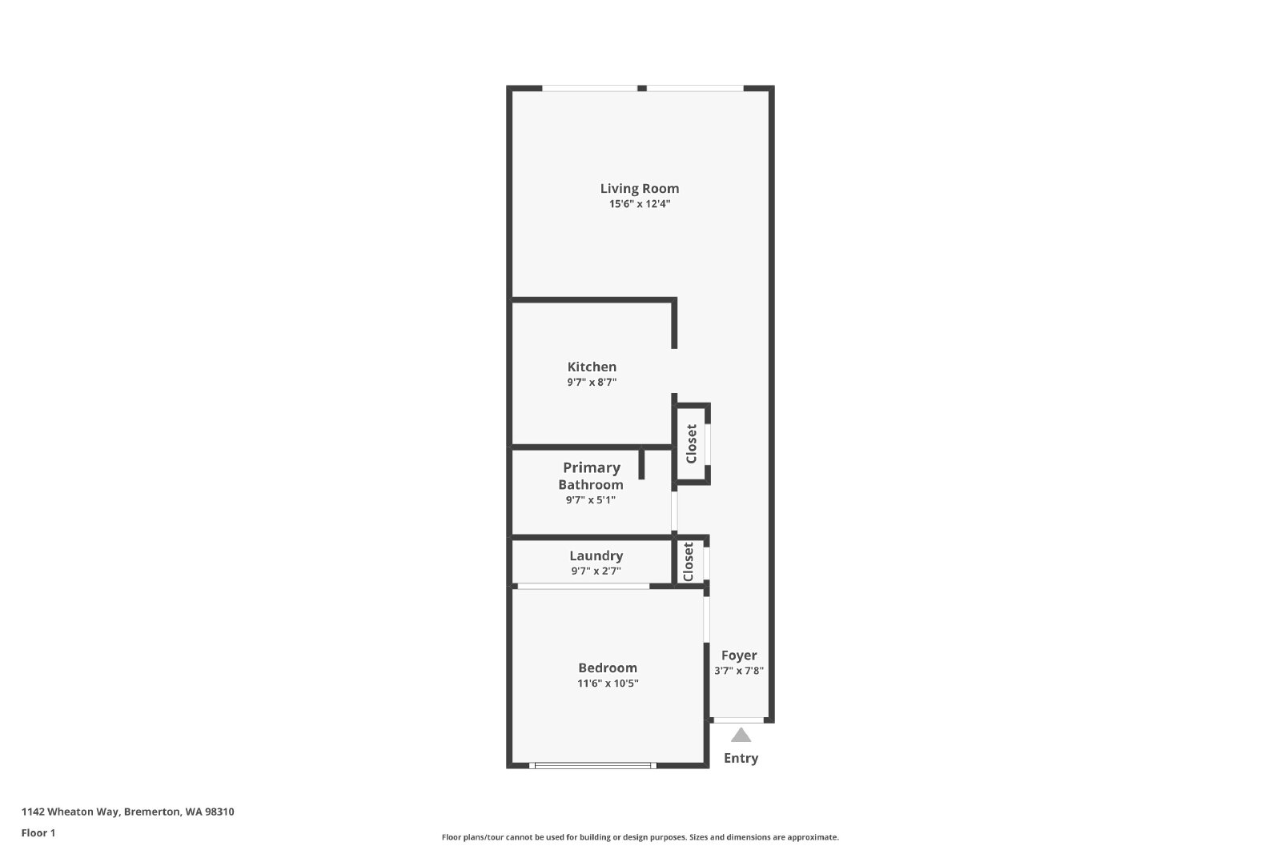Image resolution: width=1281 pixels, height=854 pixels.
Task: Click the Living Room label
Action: tap(640, 189)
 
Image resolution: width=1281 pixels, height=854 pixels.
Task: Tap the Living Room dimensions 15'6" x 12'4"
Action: tap(640, 204)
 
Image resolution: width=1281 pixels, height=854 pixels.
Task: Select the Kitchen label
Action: tap(592, 367)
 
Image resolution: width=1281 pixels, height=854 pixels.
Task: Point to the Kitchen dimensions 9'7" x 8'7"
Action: tap(592, 383)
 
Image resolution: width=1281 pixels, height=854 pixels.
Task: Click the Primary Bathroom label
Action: tap(592, 476)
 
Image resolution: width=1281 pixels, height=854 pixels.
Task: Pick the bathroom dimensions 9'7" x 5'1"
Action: tap(591, 500)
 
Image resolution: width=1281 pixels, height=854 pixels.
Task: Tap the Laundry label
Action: tap(596, 556)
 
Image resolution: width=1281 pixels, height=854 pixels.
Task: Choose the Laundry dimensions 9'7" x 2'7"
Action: tap(596, 571)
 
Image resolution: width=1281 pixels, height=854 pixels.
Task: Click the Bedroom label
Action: tap(608, 668)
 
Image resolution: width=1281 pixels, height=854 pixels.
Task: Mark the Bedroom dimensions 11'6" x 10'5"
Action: tap(608, 683)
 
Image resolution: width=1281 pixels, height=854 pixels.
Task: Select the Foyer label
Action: tap(739, 656)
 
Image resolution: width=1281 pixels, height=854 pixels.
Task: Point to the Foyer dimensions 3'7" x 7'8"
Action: tap(739, 671)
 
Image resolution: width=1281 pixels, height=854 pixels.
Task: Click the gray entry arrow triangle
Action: tap(741, 736)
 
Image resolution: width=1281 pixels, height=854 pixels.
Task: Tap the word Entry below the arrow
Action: tap(741, 759)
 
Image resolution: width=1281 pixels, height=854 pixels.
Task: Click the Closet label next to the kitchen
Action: tap(692, 444)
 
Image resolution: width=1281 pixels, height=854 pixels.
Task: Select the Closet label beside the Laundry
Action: tap(689, 562)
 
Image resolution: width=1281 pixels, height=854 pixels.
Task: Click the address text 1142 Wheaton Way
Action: tap(70, 812)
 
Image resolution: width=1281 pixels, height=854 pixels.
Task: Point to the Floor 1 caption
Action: tap(38, 833)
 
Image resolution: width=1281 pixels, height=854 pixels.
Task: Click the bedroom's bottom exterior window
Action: tap(592, 765)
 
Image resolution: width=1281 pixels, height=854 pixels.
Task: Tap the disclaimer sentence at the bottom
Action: tap(640, 837)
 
